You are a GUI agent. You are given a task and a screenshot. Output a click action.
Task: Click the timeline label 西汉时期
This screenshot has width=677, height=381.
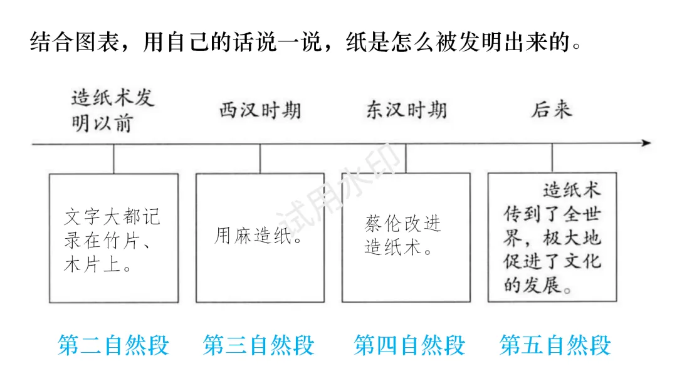260,111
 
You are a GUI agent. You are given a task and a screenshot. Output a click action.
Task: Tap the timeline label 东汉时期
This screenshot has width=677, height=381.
406,111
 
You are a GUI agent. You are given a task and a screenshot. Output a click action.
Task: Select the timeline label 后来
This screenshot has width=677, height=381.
552,111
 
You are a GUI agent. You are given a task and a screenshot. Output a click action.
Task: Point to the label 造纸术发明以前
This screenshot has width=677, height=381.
112,111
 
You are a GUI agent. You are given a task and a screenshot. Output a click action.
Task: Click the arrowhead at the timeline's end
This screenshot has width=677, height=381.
646,144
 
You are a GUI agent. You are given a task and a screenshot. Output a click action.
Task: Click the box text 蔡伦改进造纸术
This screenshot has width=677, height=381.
403,236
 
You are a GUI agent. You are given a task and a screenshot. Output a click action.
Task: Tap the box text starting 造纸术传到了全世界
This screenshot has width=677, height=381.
552,238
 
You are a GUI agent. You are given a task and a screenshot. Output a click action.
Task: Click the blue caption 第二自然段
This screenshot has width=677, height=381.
113,345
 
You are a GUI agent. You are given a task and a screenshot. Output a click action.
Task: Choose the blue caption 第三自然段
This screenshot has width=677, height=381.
259,345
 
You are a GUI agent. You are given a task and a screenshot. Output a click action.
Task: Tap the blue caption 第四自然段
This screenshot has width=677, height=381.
409,345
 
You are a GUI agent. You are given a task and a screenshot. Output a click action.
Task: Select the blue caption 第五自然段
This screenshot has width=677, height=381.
555,345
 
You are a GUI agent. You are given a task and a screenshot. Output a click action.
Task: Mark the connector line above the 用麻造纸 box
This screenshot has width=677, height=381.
260,159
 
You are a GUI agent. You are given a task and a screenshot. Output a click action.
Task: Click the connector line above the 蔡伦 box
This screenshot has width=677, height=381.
406,159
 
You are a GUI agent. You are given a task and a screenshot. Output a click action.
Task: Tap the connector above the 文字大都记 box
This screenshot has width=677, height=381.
113,159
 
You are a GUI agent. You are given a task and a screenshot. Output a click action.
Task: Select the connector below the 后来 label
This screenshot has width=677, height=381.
552,159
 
